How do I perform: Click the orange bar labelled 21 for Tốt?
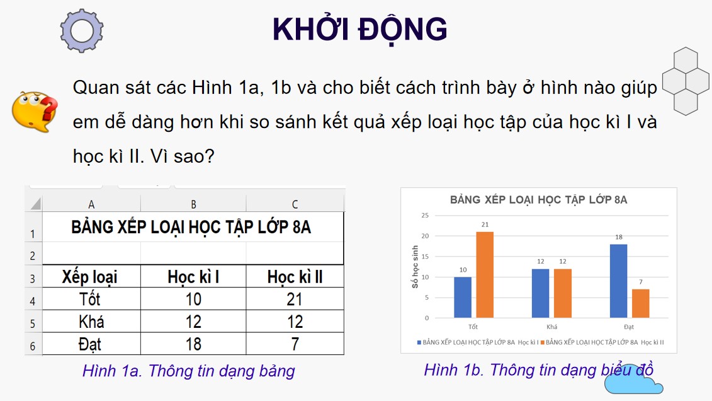[x=485, y=275]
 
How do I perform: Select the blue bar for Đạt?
[x=618, y=281]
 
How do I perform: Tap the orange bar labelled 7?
[x=641, y=303]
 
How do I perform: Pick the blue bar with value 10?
[x=463, y=297]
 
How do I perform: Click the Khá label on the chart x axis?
[x=552, y=327]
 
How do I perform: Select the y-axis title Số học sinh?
[x=415, y=267]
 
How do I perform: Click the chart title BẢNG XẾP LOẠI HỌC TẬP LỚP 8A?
[x=538, y=200]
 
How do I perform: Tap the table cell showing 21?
[x=295, y=299]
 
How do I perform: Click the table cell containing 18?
[x=193, y=344]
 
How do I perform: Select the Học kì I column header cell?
[x=193, y=277]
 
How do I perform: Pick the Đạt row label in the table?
[x=91, y=344]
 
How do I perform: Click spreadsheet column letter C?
[x=295, y=204]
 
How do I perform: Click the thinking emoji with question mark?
[x=35, y=111]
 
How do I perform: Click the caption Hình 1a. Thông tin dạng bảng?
[x=188, y=371]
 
